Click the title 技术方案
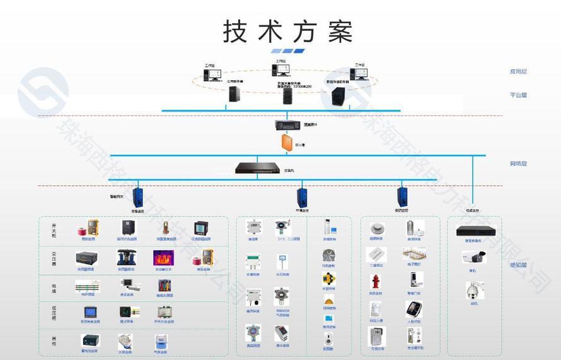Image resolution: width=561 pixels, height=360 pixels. coord(287,30)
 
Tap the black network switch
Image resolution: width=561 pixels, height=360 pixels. coord(257,168)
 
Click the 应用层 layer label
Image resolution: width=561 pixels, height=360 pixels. coord(518,72)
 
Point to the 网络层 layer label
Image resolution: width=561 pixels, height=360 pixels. coord(518,164)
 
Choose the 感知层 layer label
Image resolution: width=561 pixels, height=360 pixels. coord(518,265)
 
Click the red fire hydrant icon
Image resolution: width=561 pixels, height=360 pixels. coord(376,282)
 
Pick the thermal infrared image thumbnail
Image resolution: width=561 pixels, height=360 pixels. coord(163,257)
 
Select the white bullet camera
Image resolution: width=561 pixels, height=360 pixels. coord(473,257)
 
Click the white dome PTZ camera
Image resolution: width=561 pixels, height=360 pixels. coord(473,290)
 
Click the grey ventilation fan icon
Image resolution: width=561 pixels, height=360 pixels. coord(328,255)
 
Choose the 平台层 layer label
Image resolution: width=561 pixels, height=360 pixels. coord(518,95)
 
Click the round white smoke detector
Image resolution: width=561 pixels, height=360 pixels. coord(376,228)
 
